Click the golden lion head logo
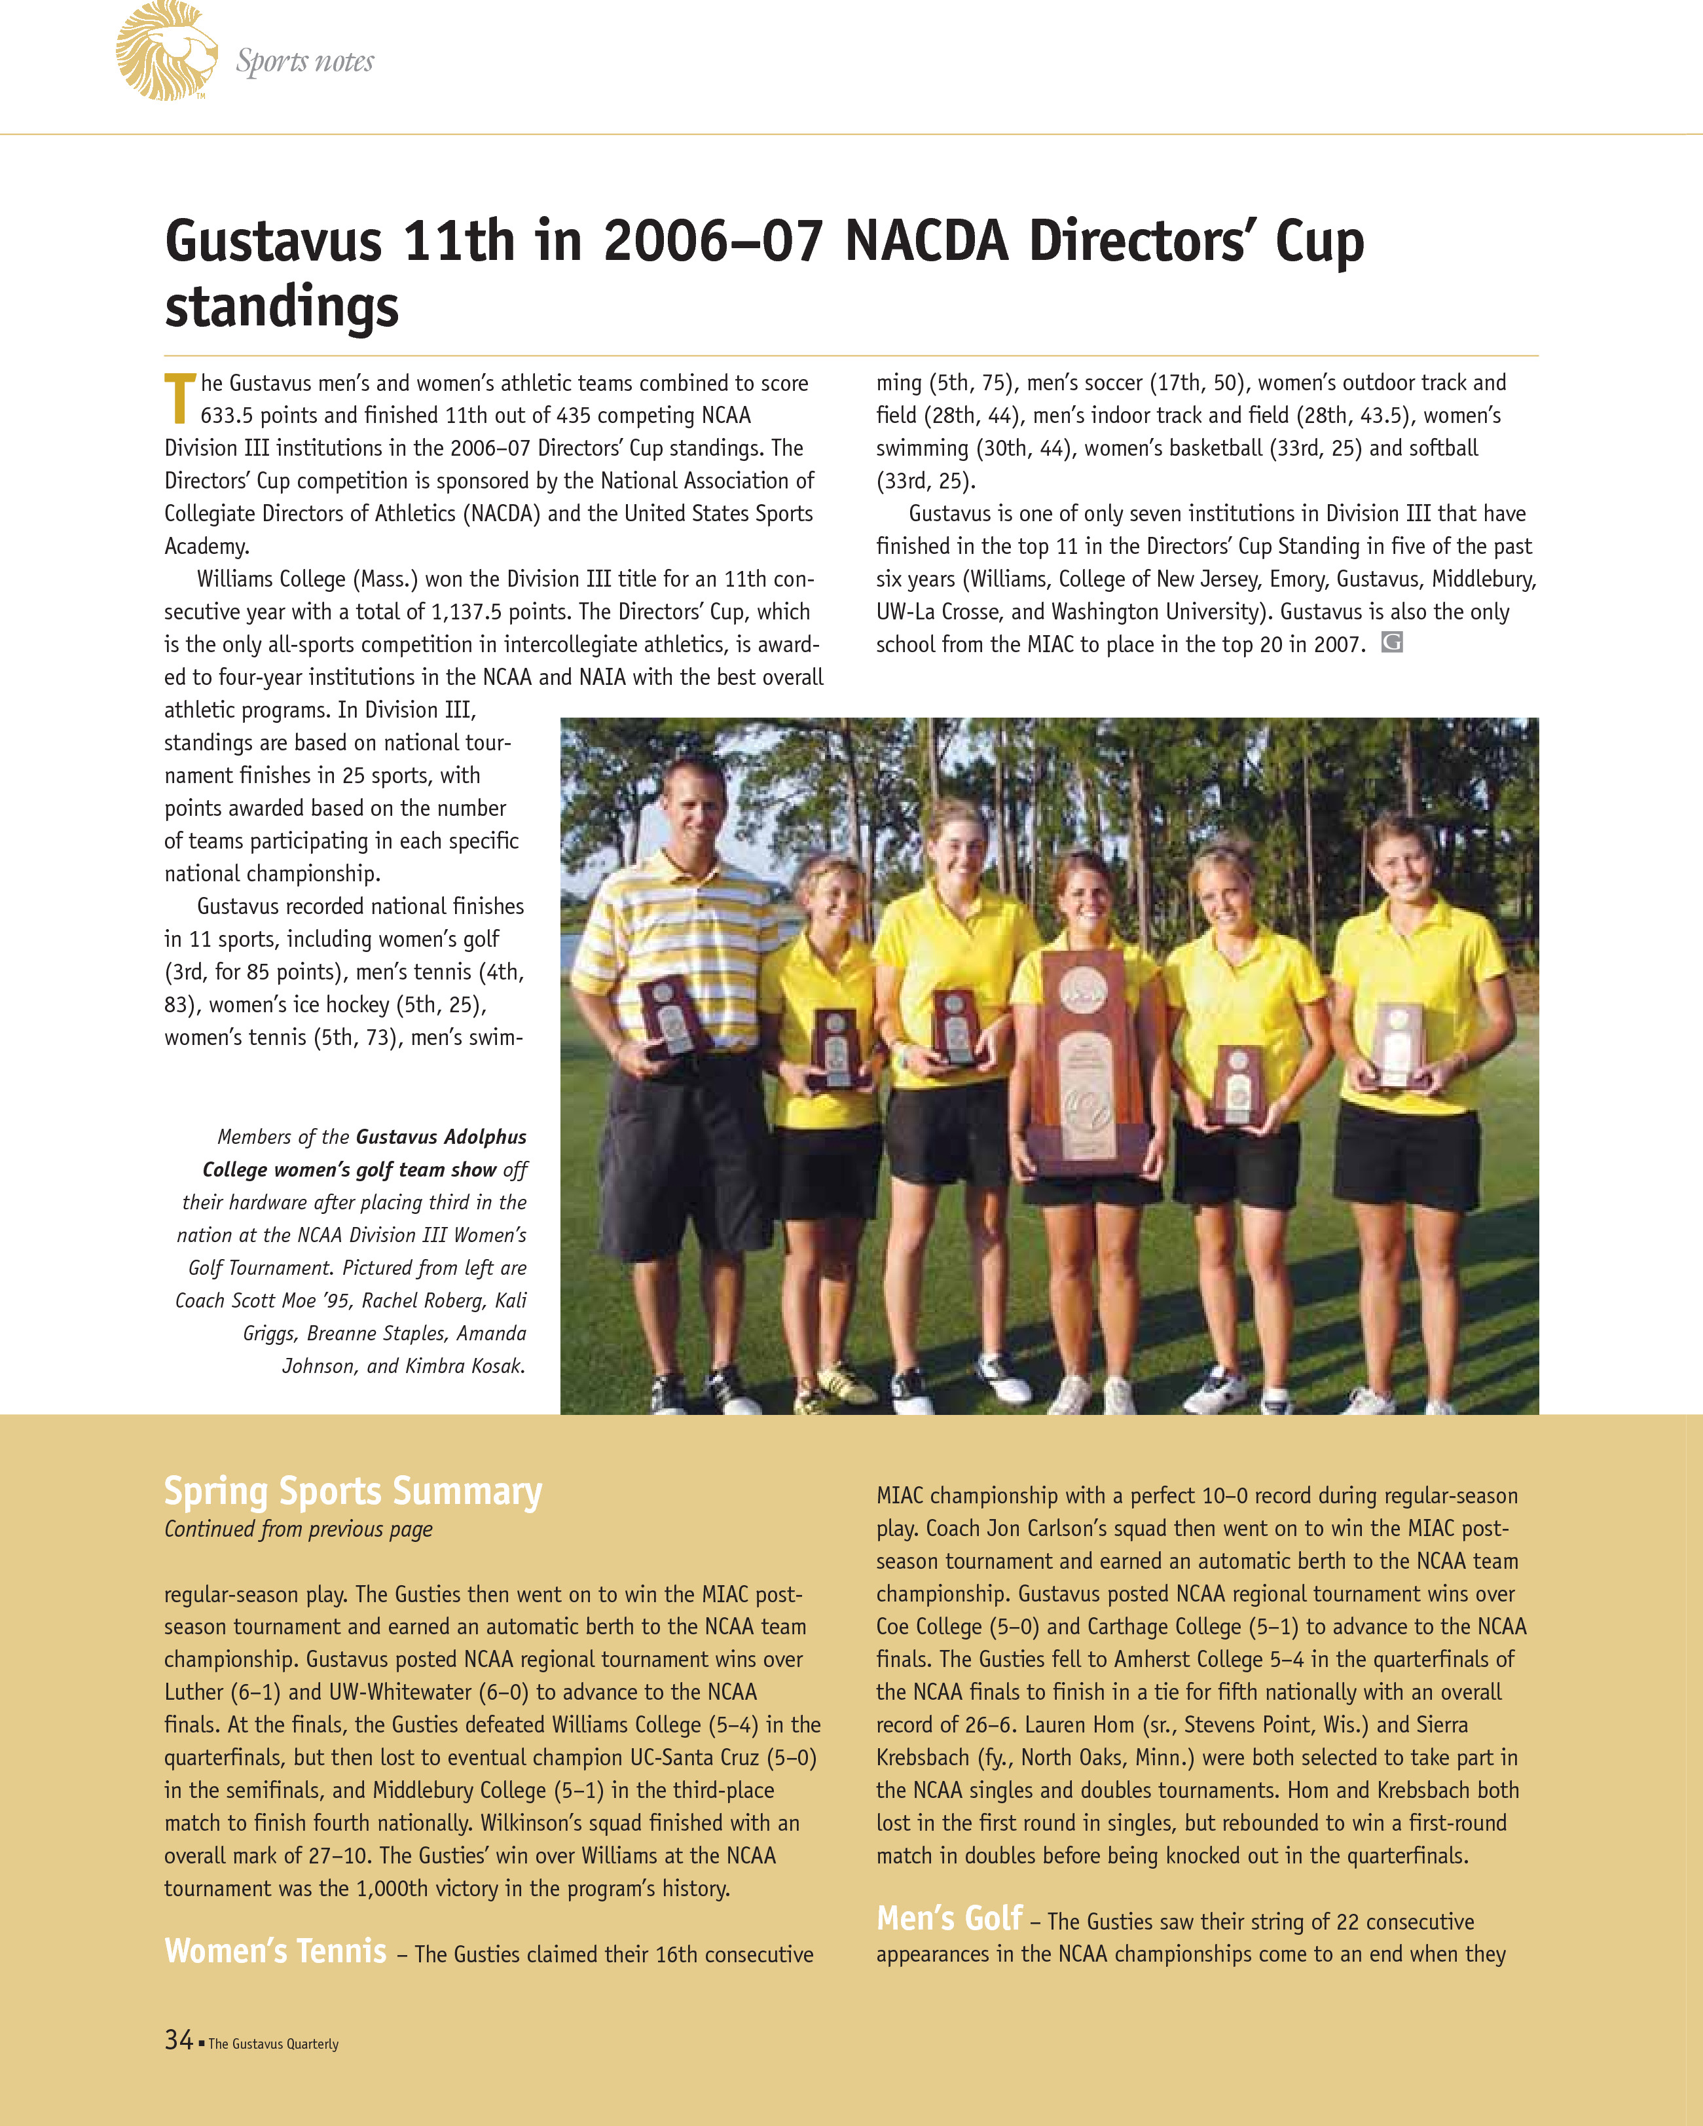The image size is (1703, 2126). pos(166,51)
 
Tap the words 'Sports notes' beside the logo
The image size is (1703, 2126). pos(304,62)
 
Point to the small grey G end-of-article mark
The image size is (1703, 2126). pos(1391,643)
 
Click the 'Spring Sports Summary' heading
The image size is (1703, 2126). pos(352,1491)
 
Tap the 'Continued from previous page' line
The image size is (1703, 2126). pos(298,1530)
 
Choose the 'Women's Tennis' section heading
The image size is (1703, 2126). pos(275,1951)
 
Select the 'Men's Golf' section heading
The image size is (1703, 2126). pos(949,1918)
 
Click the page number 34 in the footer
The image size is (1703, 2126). pos(179,2040)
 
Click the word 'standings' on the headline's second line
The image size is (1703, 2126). pos(281,306)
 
